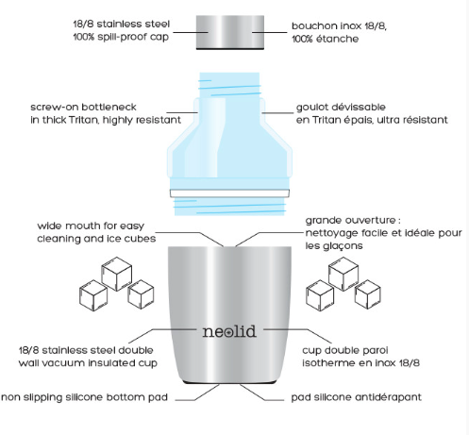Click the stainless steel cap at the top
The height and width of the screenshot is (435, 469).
click(230, 32)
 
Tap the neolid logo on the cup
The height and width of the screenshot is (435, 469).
click(229, 331)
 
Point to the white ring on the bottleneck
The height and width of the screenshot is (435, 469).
click(229, 193)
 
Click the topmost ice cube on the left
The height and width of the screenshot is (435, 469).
click(117, 274)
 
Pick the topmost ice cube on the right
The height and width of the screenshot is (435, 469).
click(343, 274)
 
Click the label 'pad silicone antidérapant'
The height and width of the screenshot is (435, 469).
click(356, 397)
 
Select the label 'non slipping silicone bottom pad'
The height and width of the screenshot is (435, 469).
click(85, 397)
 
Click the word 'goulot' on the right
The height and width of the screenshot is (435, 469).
click(311, 108)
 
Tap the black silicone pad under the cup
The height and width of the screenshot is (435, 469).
click(229, 382)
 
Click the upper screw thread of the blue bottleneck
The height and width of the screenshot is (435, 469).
click(229, 87)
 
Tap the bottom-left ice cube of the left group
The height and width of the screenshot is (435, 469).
click(93, 295)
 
